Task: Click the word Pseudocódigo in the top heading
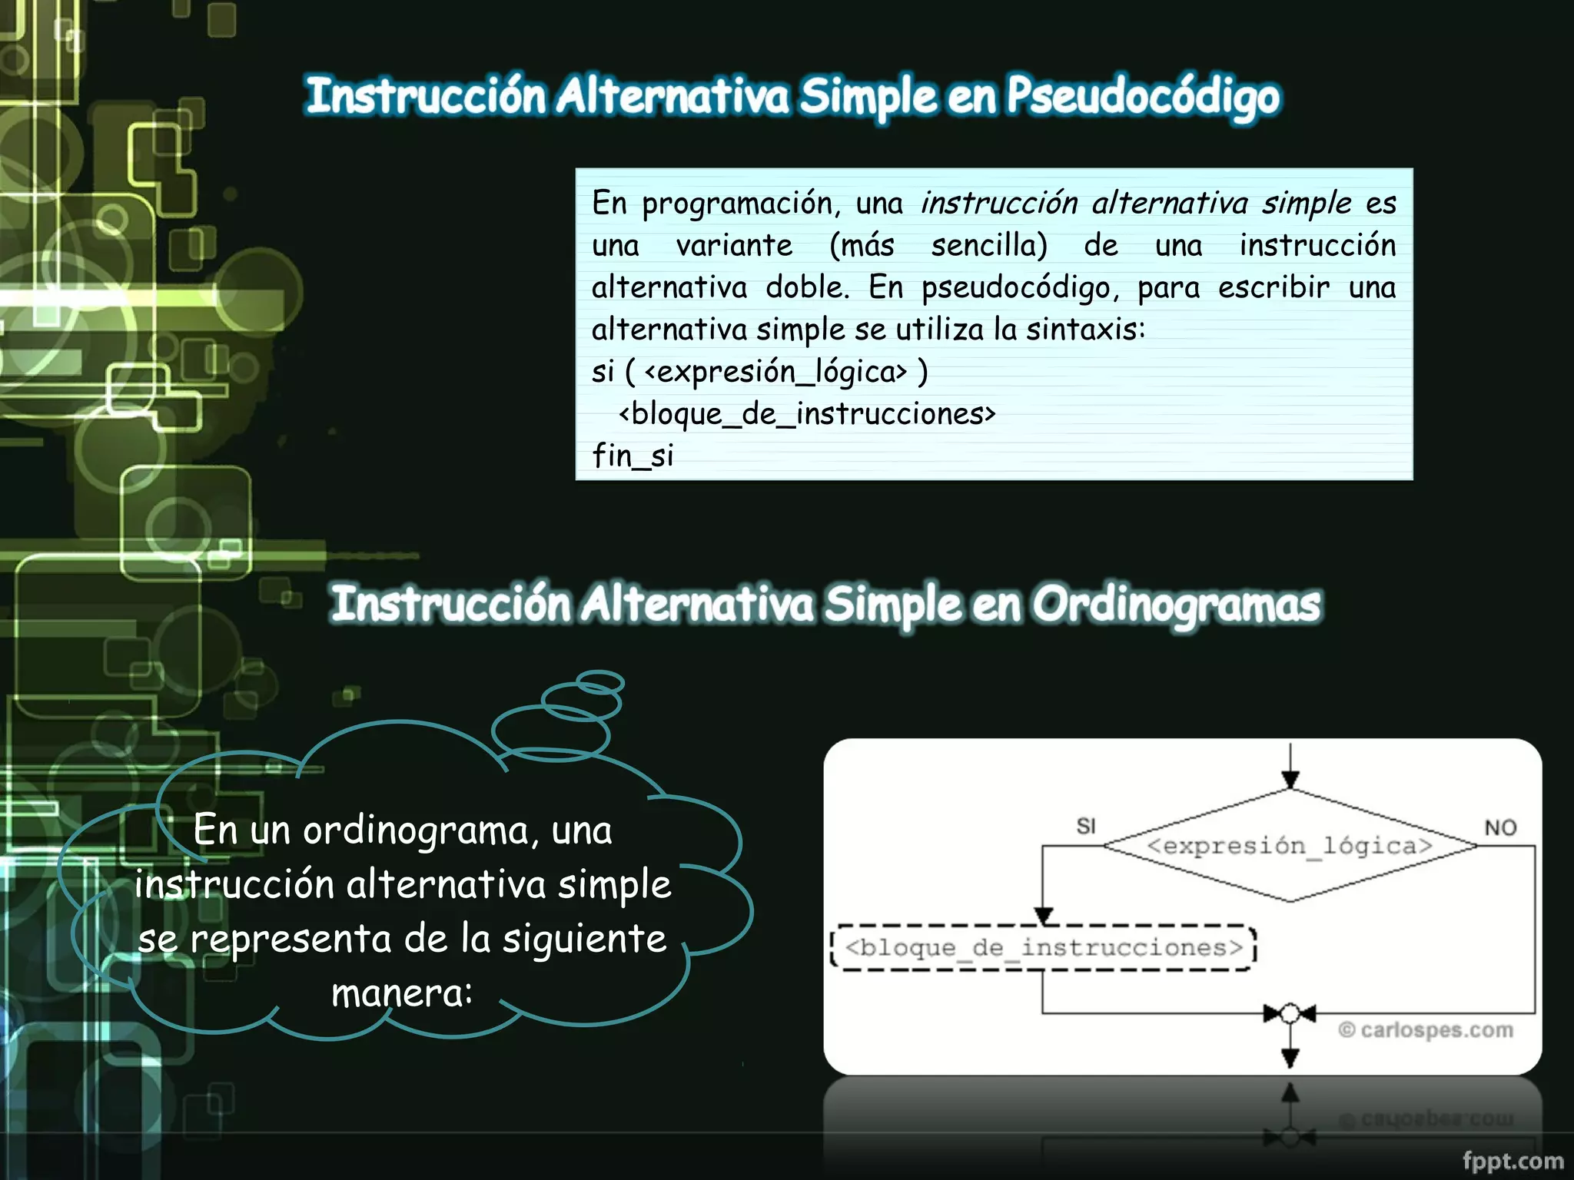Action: tap(1143, 98)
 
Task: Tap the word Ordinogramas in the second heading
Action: tap(1176, 605)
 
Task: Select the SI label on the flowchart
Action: tap(1086, 826)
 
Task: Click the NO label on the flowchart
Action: tap(1500, 827)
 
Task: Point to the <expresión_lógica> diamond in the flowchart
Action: tap(1290, 846)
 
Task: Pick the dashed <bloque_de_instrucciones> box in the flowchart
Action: tap(1043, 948)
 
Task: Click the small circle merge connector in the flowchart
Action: tap(1290, 1014)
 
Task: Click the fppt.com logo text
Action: tap(1513, 1161)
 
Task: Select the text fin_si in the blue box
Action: tap(633, 456)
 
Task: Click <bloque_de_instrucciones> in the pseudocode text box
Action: tap(807, 414)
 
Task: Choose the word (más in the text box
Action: tap(862, 246)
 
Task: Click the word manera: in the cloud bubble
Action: tap(402, 993)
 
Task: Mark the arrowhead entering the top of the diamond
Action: tap(1290, 781)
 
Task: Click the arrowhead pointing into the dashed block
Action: tap(1043, 916)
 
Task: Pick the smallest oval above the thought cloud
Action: tap(599, 681)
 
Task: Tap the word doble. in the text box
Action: tap(808, 288)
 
